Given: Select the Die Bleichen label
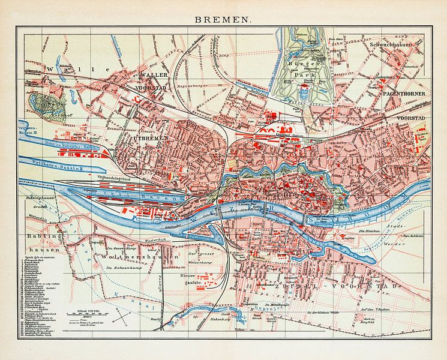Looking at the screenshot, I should click(370, 232).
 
